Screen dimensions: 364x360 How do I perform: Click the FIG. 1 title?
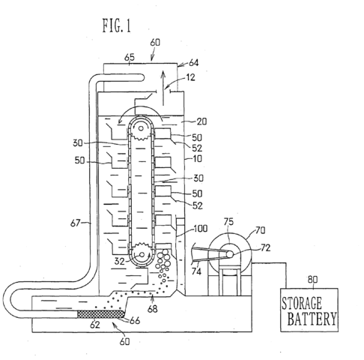point(117,25)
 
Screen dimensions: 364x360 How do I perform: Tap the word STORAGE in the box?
point(302,303)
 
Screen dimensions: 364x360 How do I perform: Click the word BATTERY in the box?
point(312,319)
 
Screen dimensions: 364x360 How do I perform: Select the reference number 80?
point(312,279)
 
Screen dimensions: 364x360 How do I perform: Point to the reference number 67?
point(76,223)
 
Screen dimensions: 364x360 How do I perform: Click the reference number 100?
point(201,229)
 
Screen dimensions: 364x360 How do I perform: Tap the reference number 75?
point(228,221)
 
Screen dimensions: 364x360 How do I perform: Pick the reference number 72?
point(266,247)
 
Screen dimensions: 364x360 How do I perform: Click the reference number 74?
point(196,271)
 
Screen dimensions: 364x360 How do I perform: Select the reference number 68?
point(153,309)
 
